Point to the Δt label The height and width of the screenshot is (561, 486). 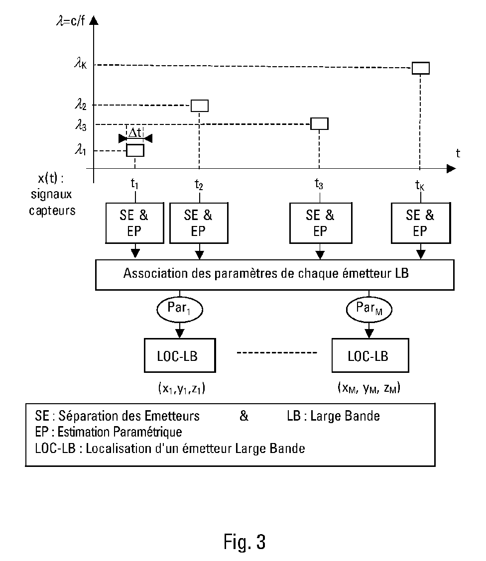click(x=135, y=133)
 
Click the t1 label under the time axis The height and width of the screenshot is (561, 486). click(x=134, y=184)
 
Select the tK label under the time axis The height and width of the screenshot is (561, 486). click(x=420, y=185)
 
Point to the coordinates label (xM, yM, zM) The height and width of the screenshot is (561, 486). click(x=369, y=387)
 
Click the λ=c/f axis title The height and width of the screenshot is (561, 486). click(x=71, y=21)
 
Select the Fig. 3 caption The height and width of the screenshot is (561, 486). click(x=245, y=542)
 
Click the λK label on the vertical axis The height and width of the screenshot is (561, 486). click(x=81, y=64)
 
